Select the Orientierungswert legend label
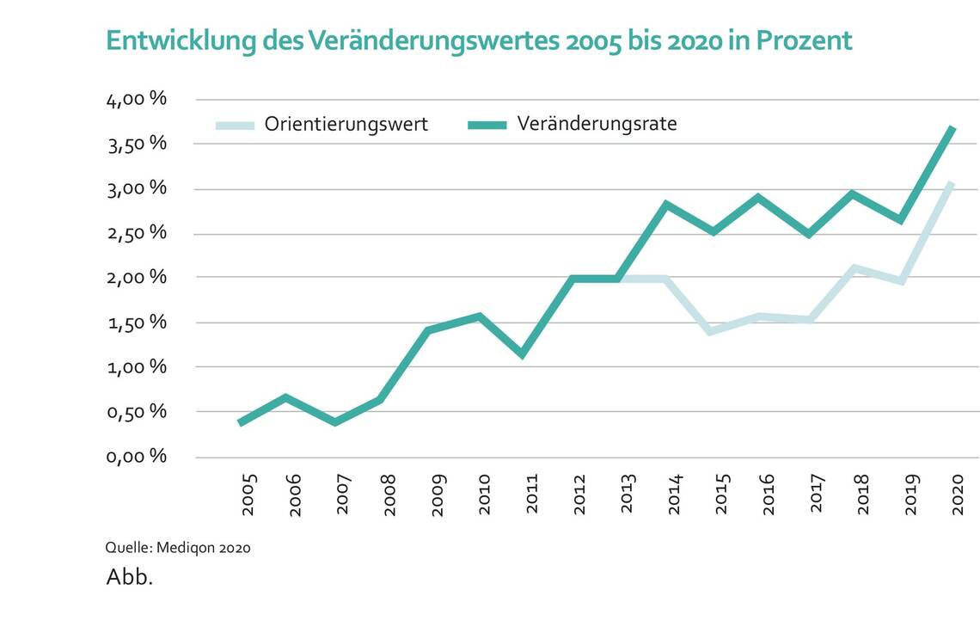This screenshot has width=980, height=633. point(346,124)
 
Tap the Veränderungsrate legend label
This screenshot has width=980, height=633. point(597,124)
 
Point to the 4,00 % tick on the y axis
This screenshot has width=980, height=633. point(136,99)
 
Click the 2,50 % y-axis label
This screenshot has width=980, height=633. point(136,233)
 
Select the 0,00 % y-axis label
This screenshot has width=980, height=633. point(136,456)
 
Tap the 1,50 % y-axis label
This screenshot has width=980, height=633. point(136,323)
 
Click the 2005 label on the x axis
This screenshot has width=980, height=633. point(249,495)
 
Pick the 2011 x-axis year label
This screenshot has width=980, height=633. point(532,495)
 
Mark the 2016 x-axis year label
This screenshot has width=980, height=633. point(768,495)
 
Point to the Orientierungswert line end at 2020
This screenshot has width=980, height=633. point(952,183)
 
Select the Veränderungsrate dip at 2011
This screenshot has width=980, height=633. point(522,354)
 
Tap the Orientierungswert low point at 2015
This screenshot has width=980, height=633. point(710,331)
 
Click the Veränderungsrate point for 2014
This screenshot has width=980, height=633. point(665,204)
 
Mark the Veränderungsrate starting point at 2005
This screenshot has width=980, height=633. point(241,422)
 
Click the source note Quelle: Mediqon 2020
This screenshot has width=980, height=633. point(178,547)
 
